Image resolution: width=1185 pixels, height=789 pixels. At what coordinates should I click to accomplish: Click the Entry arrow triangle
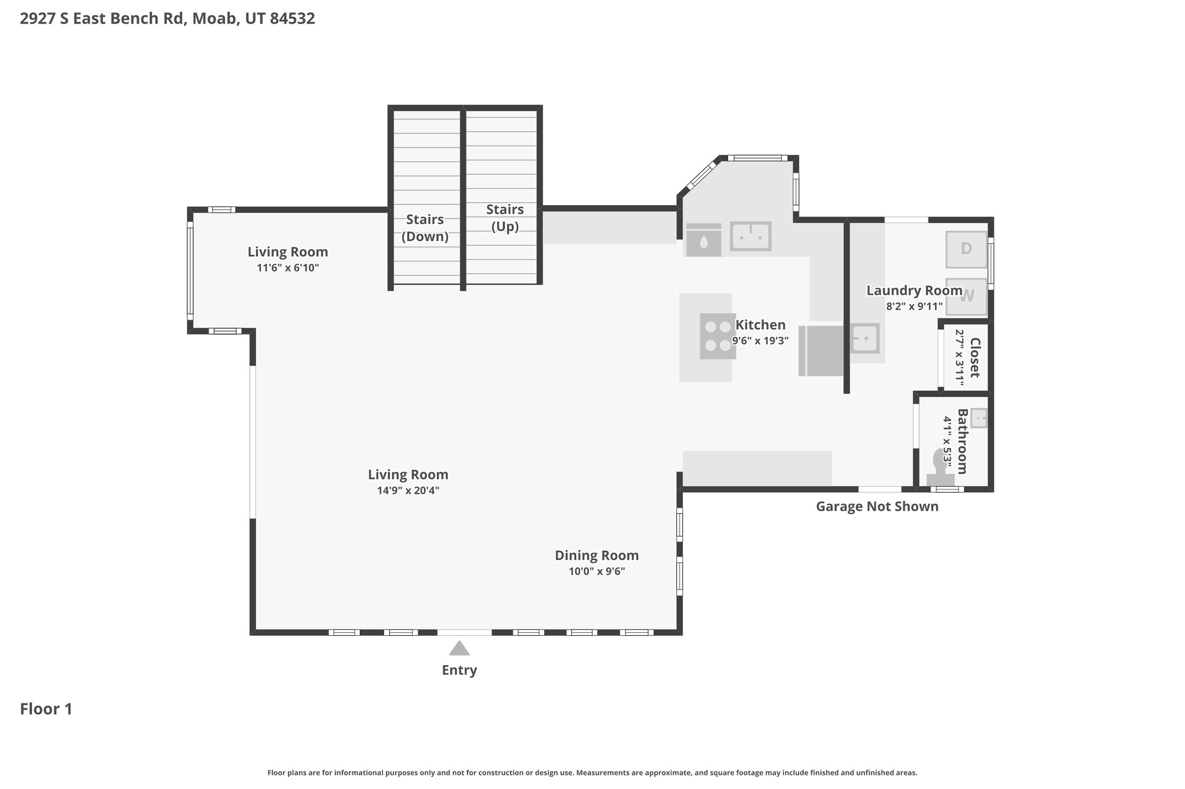coord(459,649)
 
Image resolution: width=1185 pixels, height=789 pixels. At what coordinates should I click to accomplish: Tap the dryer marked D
coord(966,249)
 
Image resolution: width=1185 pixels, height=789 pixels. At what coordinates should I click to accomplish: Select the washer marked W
coord(966,297)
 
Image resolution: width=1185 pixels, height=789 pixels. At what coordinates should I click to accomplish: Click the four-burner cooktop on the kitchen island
coord(717,336)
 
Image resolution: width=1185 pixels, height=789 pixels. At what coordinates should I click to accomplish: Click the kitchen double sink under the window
coord(750,236)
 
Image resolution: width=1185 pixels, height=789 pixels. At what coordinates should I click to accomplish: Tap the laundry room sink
coord(865,338)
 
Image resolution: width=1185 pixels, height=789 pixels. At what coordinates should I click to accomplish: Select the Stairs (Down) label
coord(425,228)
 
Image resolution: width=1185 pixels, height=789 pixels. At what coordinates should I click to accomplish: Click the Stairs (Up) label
coord(505,218)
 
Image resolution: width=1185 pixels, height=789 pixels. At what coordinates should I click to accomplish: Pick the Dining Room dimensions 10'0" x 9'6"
coord(597,572)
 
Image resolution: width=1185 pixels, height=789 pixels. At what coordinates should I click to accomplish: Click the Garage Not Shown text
coord(877,507)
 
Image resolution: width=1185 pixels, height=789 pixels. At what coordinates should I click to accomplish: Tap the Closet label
coord(974,358)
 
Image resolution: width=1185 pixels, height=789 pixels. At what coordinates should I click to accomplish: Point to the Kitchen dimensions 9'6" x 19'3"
coord(760,341)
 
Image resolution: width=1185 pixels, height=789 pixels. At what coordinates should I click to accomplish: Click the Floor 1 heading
coord(46,709)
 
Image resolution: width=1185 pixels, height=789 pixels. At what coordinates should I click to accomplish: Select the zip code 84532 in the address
coord(292,18)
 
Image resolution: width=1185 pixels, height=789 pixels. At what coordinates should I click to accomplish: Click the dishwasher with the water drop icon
coord(703,240)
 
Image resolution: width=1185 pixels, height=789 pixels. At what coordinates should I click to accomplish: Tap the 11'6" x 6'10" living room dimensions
coord(288,268)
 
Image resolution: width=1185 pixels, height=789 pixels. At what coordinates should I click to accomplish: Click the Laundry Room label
coord(914,291)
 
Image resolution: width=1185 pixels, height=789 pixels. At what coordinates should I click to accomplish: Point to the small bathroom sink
coord(978,418)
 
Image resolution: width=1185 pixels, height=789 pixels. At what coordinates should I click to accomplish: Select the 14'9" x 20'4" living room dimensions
coord(408,491)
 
